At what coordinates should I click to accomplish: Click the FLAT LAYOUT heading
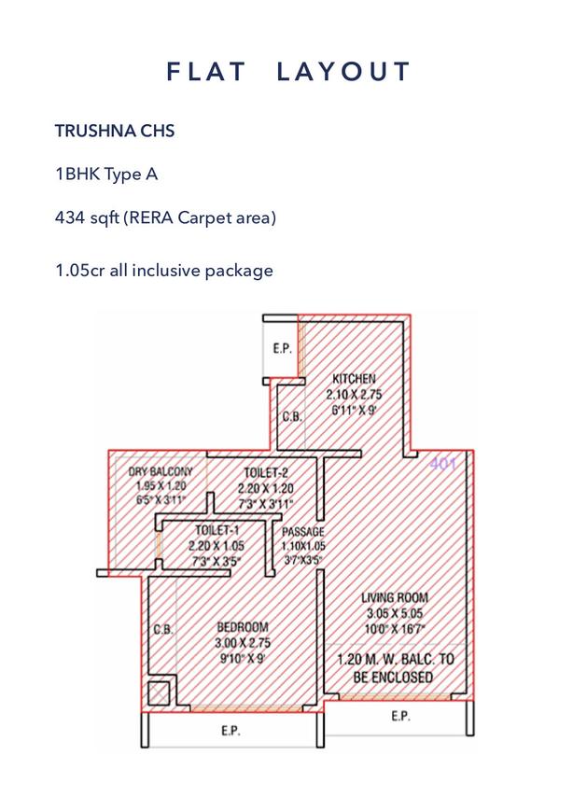(288, 72)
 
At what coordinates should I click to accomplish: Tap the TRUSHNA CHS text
(115, 131)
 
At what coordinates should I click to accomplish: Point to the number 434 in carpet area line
(70, 218)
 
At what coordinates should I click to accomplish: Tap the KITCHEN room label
(355, 379)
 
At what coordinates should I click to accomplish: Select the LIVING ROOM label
(395, 597)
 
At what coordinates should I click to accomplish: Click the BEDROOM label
(243, 627)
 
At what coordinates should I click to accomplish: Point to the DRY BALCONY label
(160, 473)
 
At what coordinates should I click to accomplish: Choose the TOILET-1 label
(216, 529)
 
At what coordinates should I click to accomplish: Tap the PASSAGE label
(302, 532)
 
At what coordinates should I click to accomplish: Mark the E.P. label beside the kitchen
(282, 349)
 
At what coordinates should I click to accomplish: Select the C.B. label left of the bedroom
(163, 631)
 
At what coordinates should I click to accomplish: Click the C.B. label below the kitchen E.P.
(292, 417)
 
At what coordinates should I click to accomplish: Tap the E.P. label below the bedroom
(232, 732)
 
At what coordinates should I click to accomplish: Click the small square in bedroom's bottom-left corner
(160, 692)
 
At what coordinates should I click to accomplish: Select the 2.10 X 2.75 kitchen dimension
(355, 395)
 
